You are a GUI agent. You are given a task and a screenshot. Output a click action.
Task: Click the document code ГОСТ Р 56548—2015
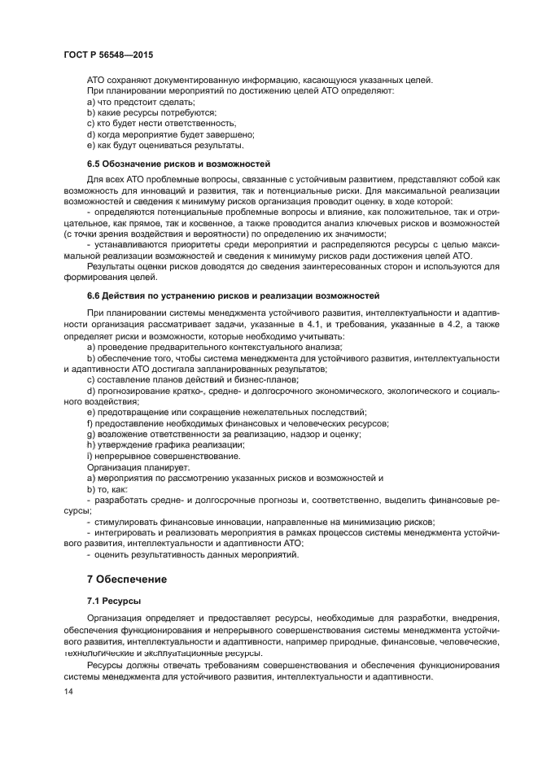coord(108,54)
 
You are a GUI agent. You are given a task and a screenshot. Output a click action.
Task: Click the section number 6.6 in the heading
coord(94,295)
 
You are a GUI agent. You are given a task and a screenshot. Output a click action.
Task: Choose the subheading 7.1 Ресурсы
coord(114,601)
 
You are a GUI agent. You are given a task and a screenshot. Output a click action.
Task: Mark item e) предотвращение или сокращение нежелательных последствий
coord(226,413)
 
